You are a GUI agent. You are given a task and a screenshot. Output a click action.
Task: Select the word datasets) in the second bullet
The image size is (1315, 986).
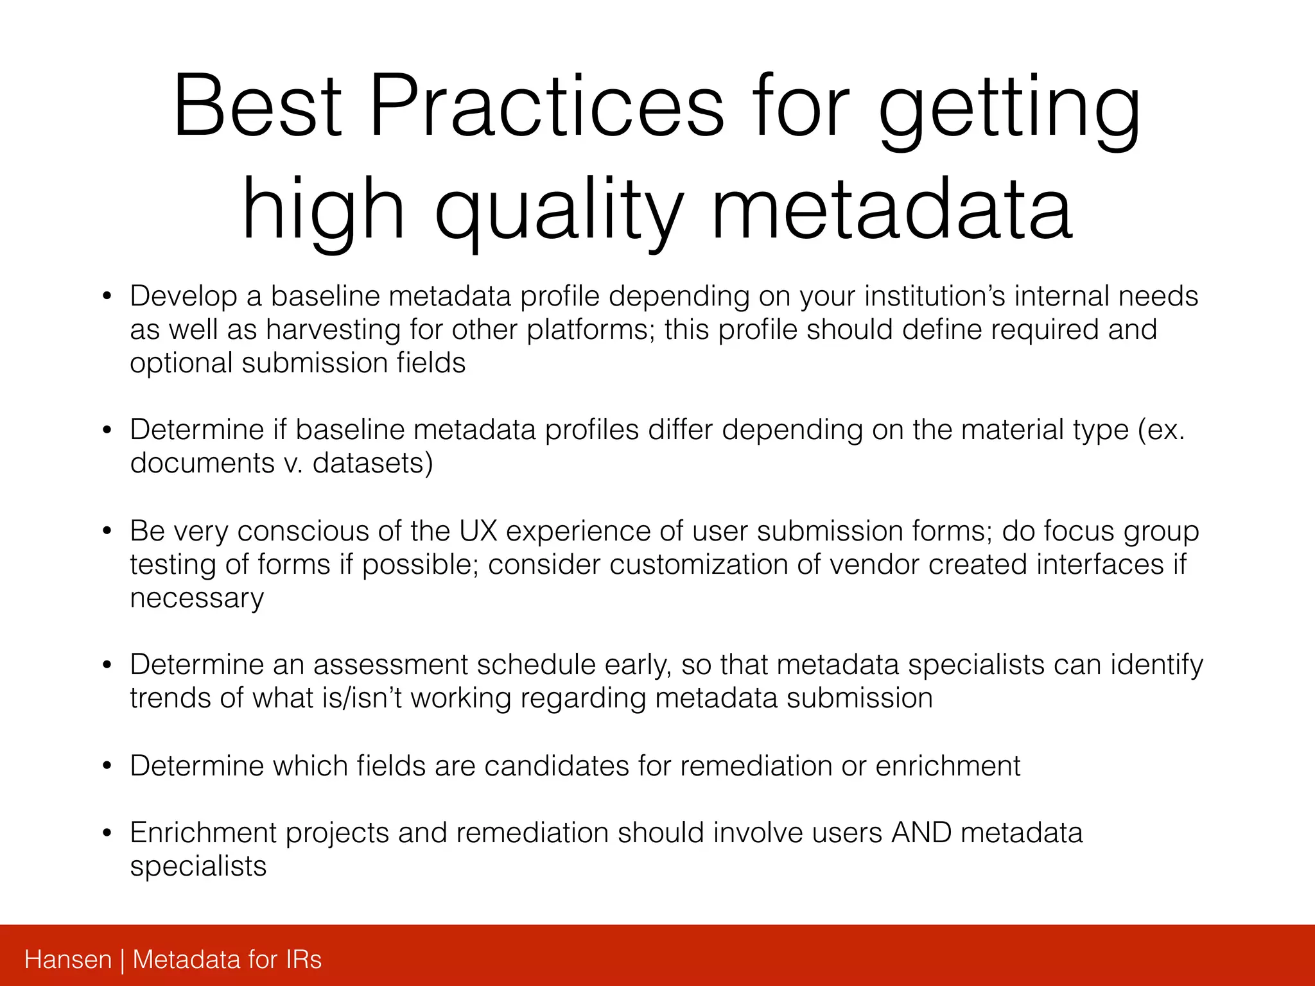(x=372, y=463)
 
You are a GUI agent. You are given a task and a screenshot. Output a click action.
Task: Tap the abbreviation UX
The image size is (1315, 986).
(x=478, y=532)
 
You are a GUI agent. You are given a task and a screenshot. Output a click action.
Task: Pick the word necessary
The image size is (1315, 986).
(x=196, y=598)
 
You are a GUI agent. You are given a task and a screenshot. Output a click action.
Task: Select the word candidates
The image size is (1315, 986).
(x=556, y=766)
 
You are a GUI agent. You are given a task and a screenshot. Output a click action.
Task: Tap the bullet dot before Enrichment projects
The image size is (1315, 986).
(x=107, y=833)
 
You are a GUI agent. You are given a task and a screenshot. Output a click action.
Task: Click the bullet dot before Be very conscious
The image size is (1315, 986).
(x=107, y=532)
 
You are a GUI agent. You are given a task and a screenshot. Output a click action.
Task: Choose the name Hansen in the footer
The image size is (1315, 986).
(x=68, y=960)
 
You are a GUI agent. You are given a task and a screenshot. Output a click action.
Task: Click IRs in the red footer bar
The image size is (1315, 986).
(x=303, y=960)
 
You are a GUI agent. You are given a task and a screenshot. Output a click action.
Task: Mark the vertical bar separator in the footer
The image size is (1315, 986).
(x=122, y=960)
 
